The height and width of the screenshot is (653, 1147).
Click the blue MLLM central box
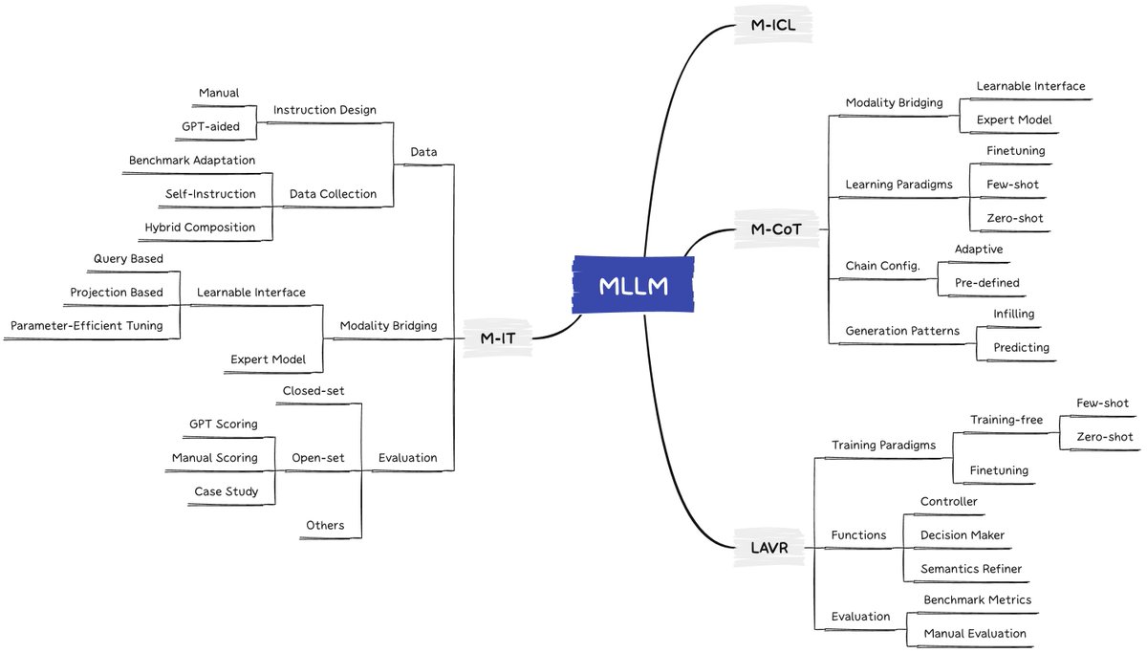click(x=633, y=285)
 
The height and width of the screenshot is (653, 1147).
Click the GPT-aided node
click(x=210, y=126)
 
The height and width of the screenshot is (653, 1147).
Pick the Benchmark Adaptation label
click(x=192, y=161)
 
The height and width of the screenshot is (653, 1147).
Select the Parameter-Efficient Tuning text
click(x=87, y=326)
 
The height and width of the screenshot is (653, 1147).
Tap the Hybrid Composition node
click(x=200, y=228)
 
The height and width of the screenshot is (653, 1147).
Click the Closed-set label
click(x=314, y=390)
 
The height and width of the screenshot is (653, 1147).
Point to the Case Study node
click(x=226, y=491)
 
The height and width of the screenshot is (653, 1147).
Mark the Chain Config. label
click(x=882, y=266)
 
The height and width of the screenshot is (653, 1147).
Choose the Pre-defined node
click(x=986, y=283)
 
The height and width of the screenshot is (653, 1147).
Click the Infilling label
click(x=1014, y=314)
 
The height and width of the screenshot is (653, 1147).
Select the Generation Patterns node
click(x=902, y=332)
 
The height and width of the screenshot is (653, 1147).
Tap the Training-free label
click(x=1006, y=420)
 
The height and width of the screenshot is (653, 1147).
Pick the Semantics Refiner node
click(x=971, y=569)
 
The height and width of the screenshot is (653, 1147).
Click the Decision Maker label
click(x=963, y=535)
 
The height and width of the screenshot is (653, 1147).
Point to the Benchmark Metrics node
click(x=977, y=600)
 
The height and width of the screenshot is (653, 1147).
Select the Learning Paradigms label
click(x=898, y=185)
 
